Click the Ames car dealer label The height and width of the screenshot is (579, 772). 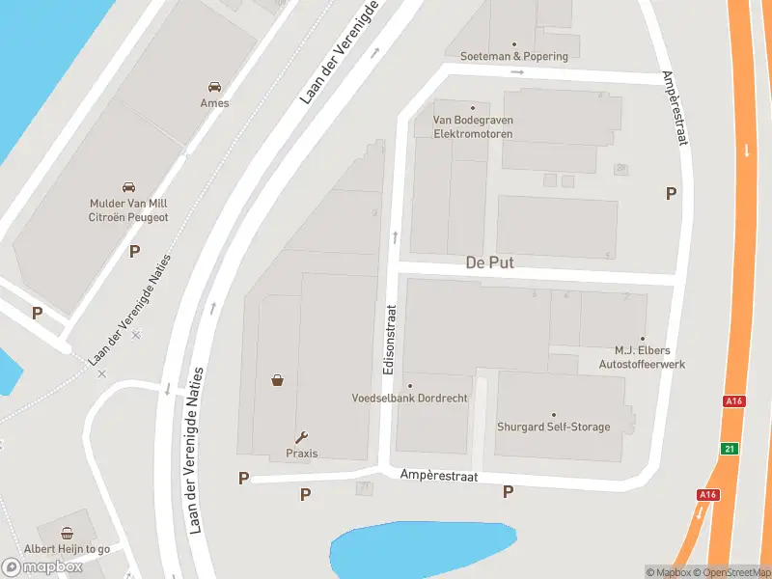pos(214,103)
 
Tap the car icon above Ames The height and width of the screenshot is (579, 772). pos(214,85)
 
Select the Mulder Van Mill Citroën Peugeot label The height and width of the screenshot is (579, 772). pos(128,210)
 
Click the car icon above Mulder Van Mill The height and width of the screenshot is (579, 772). pos(128,186)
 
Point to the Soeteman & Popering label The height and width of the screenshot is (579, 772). pos(514,56)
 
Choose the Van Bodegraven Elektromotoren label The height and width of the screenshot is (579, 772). pos(473,126)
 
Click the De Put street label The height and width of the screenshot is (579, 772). pos(489,262)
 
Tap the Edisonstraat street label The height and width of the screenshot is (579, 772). pos(390,340)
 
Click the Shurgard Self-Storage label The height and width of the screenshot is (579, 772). pos(553,427)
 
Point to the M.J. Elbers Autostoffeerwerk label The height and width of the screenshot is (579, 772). pos(642,357)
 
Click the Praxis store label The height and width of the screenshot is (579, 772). pos(301,454)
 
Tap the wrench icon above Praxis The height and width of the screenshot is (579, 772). pos(301,436)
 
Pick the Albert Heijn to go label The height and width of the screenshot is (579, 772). pos(68,548)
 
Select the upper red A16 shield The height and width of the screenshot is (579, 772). pos(734,400)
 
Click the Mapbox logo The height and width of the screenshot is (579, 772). pos(41,566)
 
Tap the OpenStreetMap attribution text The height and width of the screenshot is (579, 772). pos(731,572)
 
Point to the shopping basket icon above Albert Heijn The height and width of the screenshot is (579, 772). pos(68,532)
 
